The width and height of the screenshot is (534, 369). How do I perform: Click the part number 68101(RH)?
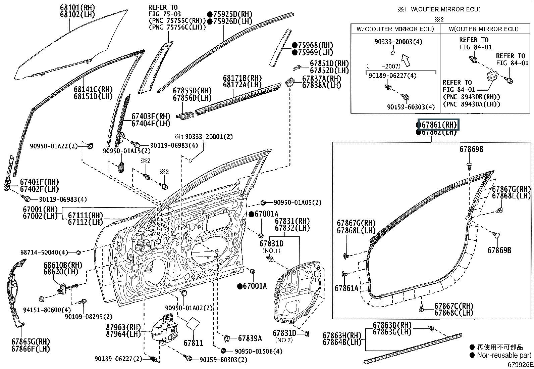(77, 7)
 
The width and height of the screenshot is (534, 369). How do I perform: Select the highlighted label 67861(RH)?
(439, 125)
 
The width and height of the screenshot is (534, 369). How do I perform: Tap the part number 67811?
(194, 343)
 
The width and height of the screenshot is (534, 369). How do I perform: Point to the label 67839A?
(250, 339)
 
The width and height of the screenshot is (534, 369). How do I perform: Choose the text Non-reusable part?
(504, 355)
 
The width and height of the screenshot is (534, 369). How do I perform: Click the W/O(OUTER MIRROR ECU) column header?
(395, 29)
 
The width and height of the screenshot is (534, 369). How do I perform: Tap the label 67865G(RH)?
(30, 341)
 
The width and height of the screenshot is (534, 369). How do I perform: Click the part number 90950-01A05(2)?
(297, 202)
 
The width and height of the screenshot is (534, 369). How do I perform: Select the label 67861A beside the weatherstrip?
(346, 288)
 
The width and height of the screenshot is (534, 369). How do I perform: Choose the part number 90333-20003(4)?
(398, 42)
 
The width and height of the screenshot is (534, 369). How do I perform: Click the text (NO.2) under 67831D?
(284, 340)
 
